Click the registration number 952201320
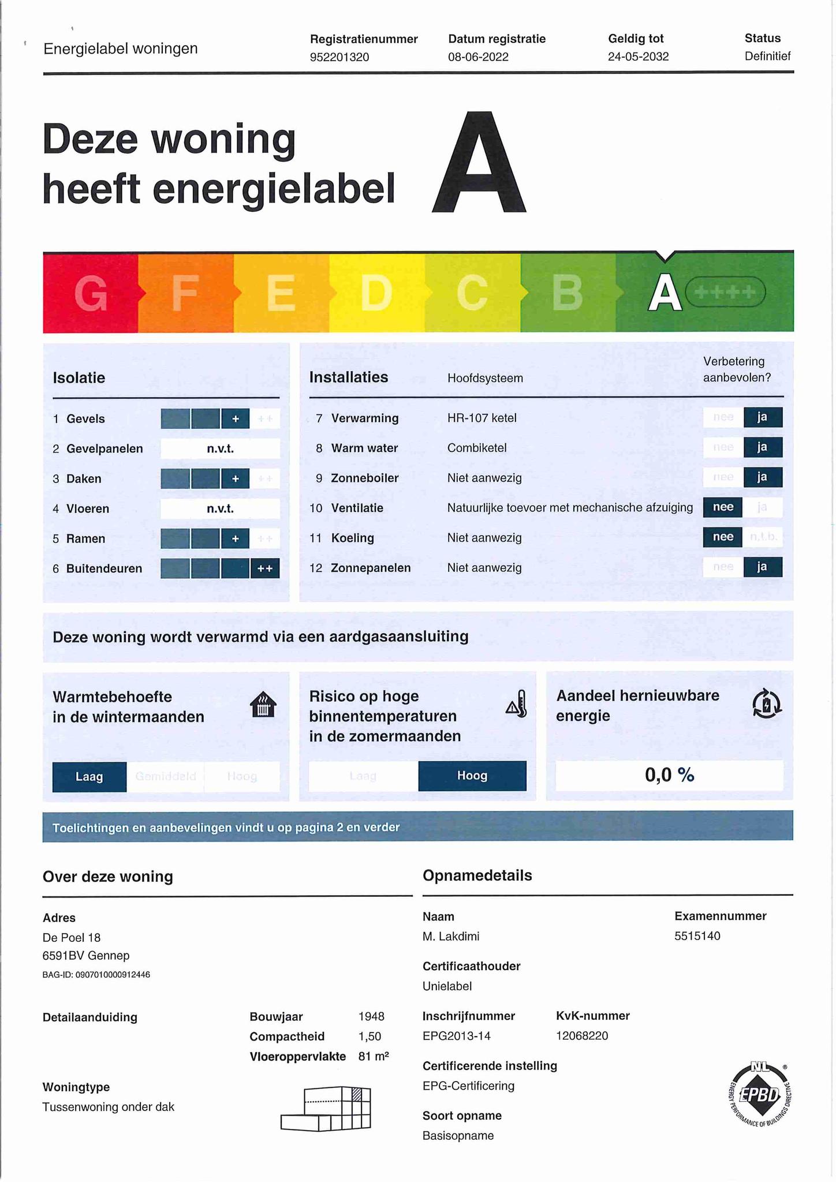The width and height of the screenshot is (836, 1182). tap(339, 57)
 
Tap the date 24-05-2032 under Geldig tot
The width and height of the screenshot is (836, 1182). tap(638, 57)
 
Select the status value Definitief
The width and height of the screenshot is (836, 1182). tap(767, 57)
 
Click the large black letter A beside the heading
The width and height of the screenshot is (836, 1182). tap(479, 164)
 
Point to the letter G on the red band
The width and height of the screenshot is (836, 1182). tap(91, 293)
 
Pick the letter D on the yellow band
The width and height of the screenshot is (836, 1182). tap(376, 293)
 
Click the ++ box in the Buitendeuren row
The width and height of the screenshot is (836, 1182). tap(265, 568)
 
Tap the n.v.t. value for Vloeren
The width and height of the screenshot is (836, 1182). tap(220, 508)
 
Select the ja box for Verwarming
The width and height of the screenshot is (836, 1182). tap(762, 417)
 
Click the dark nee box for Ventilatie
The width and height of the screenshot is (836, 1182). tap(723, 507)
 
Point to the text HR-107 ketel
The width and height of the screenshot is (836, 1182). tap(482, 418)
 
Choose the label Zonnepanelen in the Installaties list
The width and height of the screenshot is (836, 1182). tap(371, 568)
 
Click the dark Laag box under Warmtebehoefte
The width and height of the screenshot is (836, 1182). tap(89, 777)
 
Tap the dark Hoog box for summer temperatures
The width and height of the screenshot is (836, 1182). tap(472, 776)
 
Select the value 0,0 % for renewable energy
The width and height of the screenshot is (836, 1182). tap(669, 775)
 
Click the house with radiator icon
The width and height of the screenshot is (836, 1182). tap(263, 705)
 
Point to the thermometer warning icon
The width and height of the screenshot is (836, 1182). tap(517, 704)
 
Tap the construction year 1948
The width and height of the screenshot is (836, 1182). tap(371, 1016)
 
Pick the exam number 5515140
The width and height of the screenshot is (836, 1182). tap(697, 936)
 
